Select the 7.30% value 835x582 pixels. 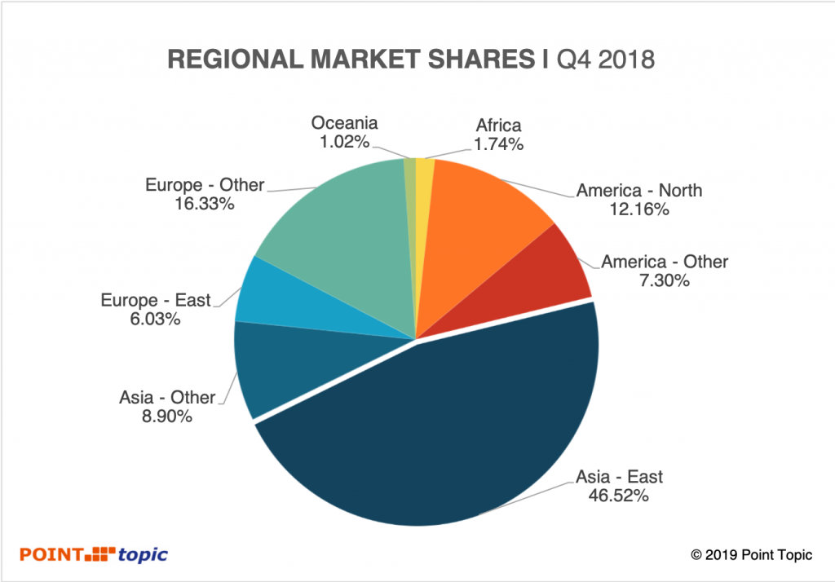pos(665,281)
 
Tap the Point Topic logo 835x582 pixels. pos(95,554)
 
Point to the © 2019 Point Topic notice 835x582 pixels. pos(751,555)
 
